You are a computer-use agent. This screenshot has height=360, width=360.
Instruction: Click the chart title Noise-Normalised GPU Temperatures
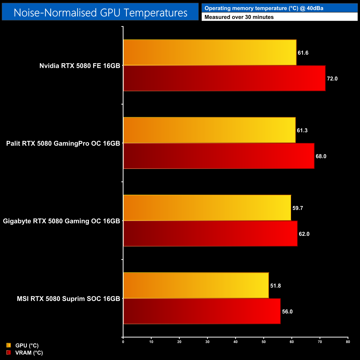click(100, 13)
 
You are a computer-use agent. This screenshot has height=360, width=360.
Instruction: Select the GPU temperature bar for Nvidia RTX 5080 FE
click(210, 53)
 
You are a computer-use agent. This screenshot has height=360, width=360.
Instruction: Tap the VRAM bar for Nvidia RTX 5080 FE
click(224, 78)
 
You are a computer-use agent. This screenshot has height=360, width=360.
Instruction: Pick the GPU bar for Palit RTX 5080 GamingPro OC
click(209, 130)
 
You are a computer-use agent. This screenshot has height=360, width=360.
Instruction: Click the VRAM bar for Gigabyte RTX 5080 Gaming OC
click(210, 233)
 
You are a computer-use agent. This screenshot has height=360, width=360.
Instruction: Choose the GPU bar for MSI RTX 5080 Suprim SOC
click(196, 286)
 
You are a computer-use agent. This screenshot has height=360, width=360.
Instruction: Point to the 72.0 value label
click(332, 79)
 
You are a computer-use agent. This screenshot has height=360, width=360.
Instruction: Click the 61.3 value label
click(302, 130)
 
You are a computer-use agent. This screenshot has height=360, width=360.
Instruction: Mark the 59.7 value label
click(298, 208)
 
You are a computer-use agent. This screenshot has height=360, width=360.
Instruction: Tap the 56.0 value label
click(287, 312)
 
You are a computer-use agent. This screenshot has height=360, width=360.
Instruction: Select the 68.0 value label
click(321, 156)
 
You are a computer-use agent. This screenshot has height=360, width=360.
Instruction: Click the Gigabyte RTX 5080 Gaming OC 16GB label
click(61, 221)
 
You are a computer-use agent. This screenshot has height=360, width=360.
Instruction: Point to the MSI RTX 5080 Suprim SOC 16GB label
click(68, 299)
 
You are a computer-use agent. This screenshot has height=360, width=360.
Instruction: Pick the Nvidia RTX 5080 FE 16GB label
click(80, 66)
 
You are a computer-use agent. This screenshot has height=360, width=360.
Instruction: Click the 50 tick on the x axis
click(264, 342)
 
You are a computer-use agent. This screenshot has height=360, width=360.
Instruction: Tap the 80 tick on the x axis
click(348, 342)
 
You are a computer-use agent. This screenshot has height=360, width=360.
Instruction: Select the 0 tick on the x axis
click(123, 342)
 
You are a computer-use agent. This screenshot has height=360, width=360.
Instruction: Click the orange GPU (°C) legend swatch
click(9, 345)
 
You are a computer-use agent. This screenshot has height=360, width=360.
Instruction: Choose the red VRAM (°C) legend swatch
click(9, 353)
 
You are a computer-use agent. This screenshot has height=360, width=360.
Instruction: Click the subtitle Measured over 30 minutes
click(239, 17)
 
